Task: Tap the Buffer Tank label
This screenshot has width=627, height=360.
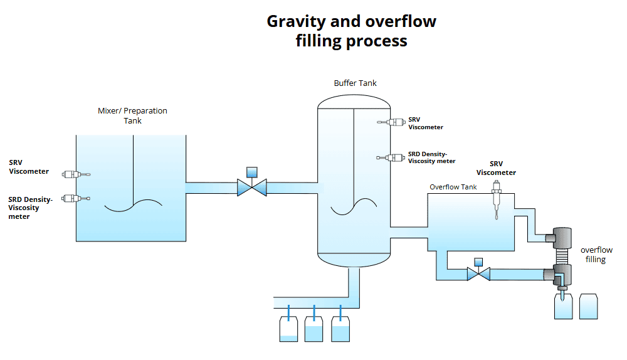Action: (355, 83)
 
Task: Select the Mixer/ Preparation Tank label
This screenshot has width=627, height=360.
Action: (132, 115)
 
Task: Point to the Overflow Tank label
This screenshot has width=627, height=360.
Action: (453, 187)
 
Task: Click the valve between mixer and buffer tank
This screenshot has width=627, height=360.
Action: (252, 186)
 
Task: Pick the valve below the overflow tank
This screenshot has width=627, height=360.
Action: (479, 273)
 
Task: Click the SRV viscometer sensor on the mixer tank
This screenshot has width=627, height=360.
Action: (75, 174)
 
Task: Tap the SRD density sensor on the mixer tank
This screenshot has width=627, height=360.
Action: (75, 198)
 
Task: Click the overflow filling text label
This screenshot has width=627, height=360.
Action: (596, 255)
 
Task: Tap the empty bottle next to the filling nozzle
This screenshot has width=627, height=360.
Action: (588, 306)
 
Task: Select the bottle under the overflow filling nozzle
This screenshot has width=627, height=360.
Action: (564, 307)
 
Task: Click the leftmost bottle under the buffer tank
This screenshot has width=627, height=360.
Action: (288, 329)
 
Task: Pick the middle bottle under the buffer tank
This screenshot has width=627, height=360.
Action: (313, 329)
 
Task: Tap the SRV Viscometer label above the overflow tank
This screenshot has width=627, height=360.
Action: (496, 168)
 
